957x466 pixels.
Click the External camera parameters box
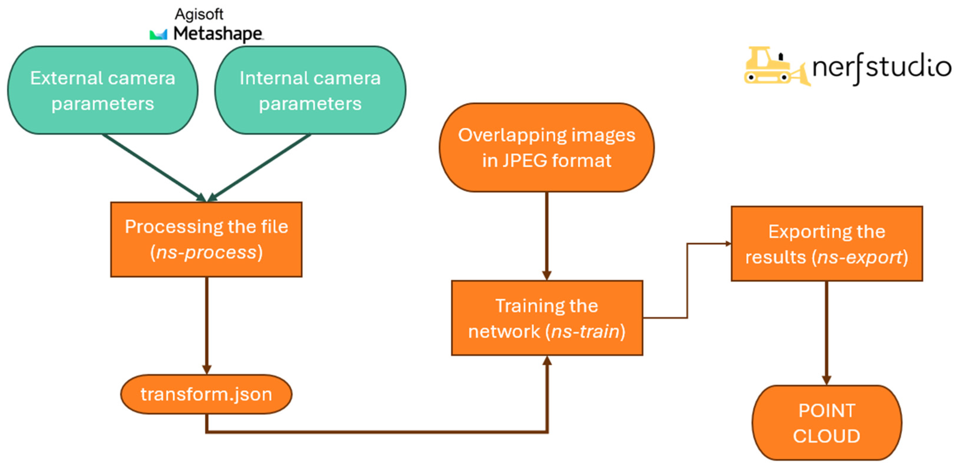coord(103,90)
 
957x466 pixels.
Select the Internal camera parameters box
coord(310,90)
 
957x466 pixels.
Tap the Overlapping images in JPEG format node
coord(547,147)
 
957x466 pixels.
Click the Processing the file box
coord(206,239)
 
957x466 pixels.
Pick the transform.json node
coord(206,394)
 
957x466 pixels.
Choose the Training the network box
coord(547,318)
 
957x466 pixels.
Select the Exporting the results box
coord(827,244)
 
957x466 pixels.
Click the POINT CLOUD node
coord(827,423)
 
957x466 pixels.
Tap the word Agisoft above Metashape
coord(199,15)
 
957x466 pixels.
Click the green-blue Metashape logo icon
coord(158,35)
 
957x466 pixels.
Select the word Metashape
coord(218,34)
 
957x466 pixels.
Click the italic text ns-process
coord(207,252)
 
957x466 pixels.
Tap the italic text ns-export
coord(860,257)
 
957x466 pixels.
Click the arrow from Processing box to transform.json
coord(207,326)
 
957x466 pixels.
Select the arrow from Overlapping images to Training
coord(547,236)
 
